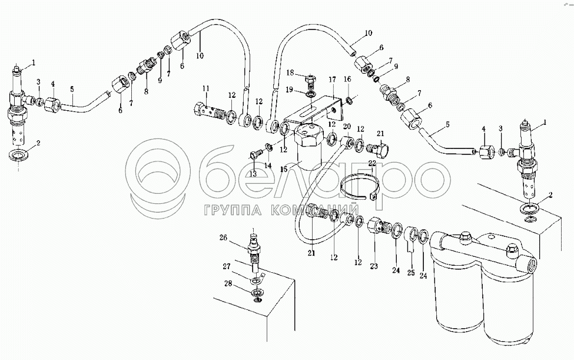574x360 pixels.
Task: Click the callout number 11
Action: pyautogui.click(x=206, y=88)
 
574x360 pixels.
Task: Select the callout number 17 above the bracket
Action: pyautogui.click(x=332, y=80)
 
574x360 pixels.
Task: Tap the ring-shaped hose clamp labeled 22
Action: pyautogui.click(x=360, y=187)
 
